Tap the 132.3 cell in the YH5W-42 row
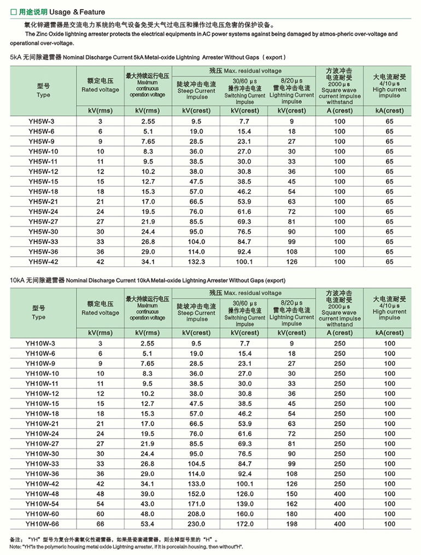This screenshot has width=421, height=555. (x=196, y=262)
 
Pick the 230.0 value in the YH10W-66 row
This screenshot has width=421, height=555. (x=196, y=524)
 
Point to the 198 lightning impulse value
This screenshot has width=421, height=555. (x=291, y=524)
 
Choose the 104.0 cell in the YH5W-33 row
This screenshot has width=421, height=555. (x=196, y=242)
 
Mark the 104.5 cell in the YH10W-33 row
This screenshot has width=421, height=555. (x=196, y=464)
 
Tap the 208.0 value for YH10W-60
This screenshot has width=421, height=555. (x=196, y=514)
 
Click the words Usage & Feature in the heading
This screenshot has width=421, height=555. (x=81, y=11)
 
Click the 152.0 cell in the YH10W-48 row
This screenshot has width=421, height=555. (x=196, y=494)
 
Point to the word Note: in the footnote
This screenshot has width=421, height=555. (x=16, y=547)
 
